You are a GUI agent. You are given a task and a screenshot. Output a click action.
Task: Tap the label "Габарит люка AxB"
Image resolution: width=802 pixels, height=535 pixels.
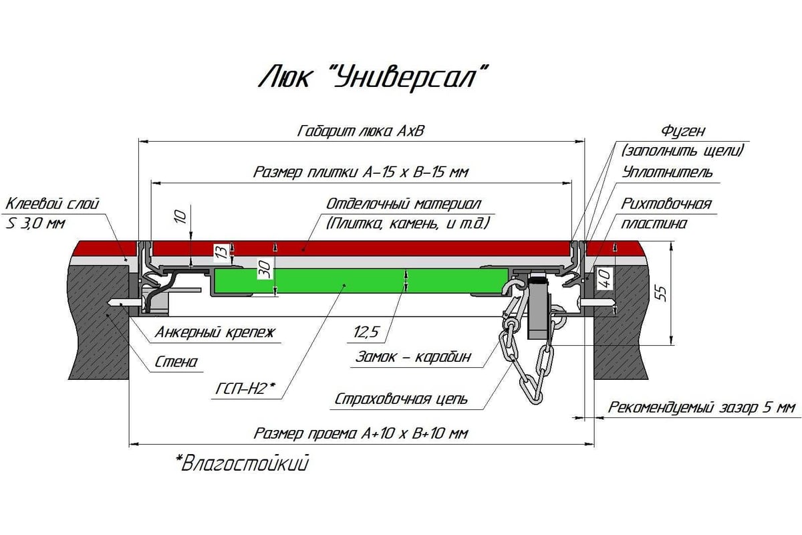pos(360,131)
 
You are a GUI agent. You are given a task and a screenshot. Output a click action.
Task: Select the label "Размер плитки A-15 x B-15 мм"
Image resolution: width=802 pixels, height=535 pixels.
pos(360,173)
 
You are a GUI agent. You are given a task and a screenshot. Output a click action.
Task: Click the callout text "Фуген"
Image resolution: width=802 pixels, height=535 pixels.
pos(683,131)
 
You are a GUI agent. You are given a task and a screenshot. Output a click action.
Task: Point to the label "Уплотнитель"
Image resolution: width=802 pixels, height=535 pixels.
pos(667,173)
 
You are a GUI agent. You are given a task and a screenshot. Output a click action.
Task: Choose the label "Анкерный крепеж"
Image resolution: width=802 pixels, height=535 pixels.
pos(215,332)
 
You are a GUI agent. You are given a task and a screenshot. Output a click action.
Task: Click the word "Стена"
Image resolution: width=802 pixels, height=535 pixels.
pos(176,362)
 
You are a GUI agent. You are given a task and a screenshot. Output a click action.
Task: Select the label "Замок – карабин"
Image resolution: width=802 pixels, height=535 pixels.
pos(413,357)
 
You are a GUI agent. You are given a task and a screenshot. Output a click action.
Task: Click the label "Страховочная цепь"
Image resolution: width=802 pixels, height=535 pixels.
pos(401,399)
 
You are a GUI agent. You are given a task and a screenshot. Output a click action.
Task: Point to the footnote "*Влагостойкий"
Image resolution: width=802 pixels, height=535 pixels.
pos(243,463)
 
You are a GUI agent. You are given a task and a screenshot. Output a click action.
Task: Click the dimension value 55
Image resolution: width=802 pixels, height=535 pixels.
pos(662,294)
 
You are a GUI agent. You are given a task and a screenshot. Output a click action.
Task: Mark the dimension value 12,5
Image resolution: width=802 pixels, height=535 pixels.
pos(366,332)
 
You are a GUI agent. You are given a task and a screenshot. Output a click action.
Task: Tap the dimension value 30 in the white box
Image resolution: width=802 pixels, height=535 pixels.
pos(265,269)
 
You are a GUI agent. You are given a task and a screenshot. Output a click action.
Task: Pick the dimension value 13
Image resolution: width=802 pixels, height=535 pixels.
pos(223,252)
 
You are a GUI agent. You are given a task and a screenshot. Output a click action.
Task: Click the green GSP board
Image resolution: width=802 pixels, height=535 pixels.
pos(361,281)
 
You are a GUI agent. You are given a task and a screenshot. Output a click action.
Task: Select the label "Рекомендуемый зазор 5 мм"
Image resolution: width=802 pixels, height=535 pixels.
pos(701,408)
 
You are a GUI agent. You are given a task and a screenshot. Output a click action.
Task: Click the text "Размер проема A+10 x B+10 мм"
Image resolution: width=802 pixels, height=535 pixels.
pos(360,433)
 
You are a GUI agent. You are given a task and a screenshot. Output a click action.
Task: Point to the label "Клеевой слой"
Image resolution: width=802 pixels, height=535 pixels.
pos(52,204)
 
